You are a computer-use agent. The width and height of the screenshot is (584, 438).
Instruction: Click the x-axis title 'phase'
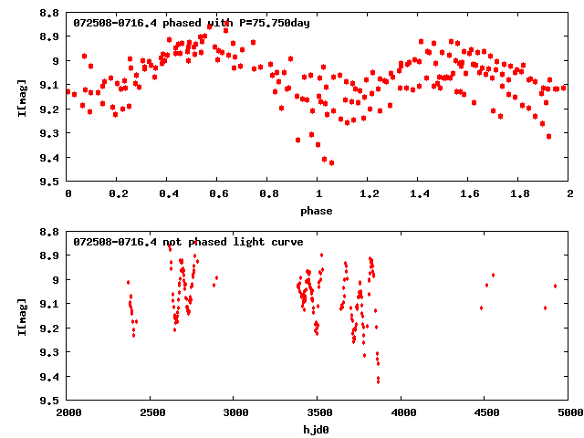[318, 210]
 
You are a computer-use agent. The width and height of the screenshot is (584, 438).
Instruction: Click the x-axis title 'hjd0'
[318, 429]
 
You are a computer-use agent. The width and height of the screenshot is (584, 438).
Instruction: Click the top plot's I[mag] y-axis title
[23, 97]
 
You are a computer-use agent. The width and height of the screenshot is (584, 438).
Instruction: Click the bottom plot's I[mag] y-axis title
[23, 316]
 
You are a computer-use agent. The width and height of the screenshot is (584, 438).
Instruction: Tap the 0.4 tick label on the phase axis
[168, 194]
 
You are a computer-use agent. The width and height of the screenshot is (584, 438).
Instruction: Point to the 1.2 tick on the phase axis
[369, 194]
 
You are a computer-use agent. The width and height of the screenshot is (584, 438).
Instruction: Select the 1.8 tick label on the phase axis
[519, 194]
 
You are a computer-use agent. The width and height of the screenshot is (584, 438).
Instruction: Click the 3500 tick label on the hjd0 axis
[318, 413]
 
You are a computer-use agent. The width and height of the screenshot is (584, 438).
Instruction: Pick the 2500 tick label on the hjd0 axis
[151, 413]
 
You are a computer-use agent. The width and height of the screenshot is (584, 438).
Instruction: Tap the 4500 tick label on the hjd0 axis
[485, 413]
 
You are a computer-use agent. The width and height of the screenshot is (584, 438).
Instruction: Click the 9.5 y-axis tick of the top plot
[51, 182]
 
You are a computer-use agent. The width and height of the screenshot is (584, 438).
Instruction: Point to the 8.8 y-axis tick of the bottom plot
[51, 232]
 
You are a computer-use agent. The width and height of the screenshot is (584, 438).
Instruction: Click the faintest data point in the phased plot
[331, 162]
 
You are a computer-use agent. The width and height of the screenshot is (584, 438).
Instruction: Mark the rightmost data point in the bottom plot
[555, 286]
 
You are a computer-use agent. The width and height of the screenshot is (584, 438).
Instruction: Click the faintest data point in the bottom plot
[378, 381]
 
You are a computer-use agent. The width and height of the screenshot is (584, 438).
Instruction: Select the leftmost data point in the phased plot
[69, 91]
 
